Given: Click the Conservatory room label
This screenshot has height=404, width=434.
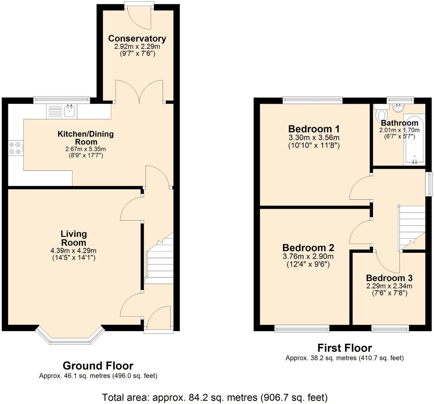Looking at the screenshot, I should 137,39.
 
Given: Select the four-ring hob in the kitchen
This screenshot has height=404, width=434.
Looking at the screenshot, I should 15,148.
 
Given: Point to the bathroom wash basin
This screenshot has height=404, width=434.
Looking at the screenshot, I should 398,107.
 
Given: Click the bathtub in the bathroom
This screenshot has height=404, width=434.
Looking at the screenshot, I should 414,139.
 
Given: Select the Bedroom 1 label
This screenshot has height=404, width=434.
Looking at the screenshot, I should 314,129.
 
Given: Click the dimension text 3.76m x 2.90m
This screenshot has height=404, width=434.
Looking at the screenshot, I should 308,256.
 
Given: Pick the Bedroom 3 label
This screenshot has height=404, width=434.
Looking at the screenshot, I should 389,278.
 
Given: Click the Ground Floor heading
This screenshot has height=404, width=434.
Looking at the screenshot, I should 98,365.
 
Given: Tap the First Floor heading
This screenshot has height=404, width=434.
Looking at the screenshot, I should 345,348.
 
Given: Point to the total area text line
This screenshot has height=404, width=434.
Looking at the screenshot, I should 214,397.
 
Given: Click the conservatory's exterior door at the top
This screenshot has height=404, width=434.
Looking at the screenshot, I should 139,17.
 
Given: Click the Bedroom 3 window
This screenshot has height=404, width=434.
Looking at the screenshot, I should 390,329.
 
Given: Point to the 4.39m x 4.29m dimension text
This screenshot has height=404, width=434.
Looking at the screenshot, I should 74,251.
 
